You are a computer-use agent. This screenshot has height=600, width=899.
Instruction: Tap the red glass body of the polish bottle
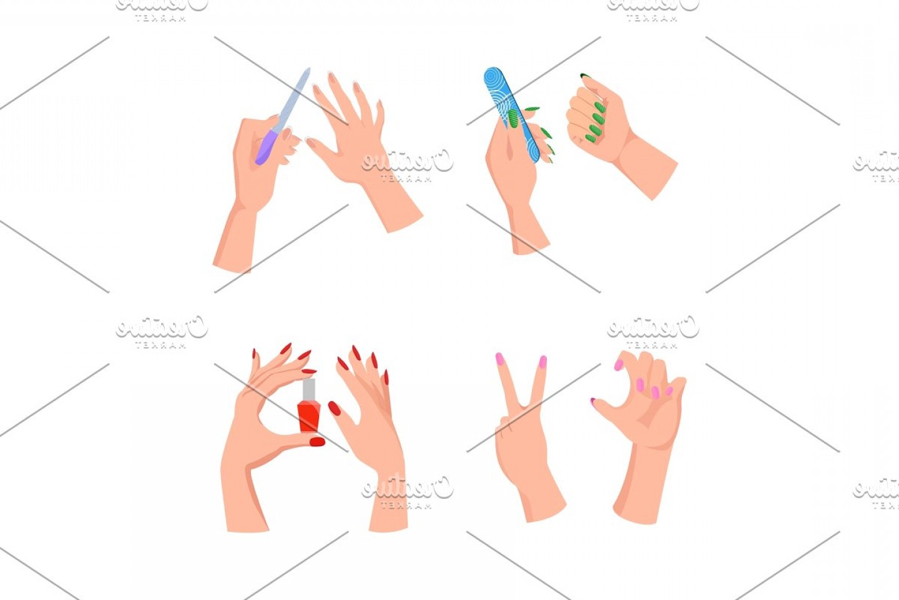(x=308, y=416)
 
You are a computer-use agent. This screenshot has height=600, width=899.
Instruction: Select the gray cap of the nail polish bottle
(x=308, y=389)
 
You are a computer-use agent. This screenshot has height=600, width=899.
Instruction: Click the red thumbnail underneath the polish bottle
(x=317, y=442)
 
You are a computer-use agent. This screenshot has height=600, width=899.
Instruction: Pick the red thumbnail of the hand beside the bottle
(x=335, y=409)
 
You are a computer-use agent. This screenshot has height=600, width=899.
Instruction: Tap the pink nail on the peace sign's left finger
(x=499, y=359)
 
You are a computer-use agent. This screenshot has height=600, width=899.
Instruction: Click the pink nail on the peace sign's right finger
(x=543, y=362)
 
